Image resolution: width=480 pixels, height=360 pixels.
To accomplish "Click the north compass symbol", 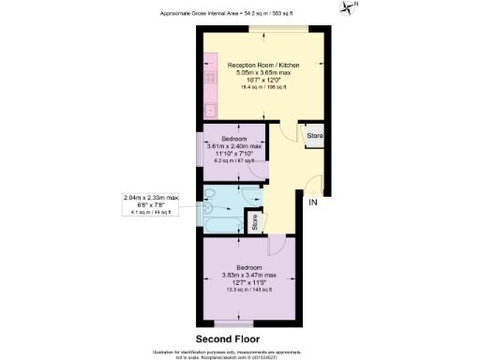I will (x=350, y=8).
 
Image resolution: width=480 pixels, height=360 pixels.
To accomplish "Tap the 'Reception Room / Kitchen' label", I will (x=262, y=65).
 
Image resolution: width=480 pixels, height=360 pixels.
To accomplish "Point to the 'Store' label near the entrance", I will (x=315, y=136).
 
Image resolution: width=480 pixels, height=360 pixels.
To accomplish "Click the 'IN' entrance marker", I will (x=313, y=200).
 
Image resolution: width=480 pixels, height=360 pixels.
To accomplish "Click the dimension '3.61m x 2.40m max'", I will (x=234, y=146).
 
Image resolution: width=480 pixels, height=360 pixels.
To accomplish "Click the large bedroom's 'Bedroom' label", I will (x=249, y=267).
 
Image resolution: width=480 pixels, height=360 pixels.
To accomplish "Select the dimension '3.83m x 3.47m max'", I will (x=249, y=275).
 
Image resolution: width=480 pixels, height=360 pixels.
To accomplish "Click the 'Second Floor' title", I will (x=227, y=338).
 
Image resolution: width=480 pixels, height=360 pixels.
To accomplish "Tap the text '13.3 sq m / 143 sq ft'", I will (x=249, y=290).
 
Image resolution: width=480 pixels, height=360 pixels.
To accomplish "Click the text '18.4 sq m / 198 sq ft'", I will (x=262, y=87).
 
